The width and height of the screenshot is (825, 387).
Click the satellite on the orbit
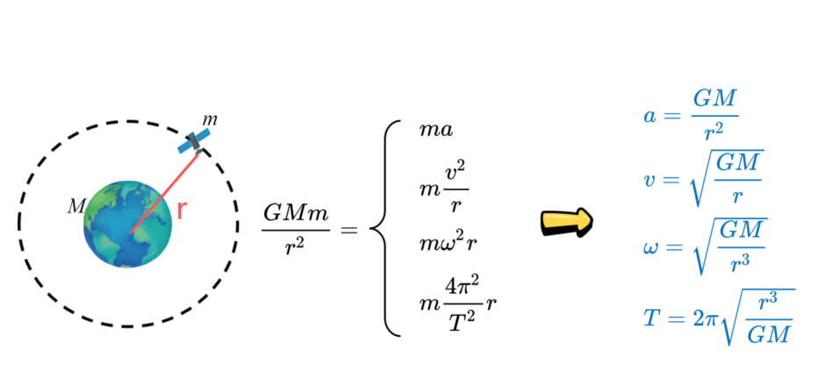[194, 141]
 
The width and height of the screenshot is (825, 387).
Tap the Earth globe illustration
[128, 225]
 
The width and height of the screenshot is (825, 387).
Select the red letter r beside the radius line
[182, 210]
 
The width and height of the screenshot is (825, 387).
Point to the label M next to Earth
[75, 207]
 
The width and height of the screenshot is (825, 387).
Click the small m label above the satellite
[210, 120]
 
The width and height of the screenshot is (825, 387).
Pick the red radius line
[164, 193]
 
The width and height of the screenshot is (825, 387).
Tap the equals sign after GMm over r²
[348, 229]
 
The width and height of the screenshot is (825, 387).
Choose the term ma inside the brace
[435, 130]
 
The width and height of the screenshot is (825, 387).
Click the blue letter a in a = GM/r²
[649, 115]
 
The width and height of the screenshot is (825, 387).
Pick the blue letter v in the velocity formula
[649, 180]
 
